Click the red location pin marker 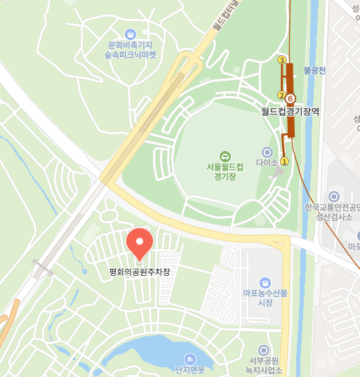(x=140, y=244)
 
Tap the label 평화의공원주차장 (x=140, y=271)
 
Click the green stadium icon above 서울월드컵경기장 (x=225, y=156)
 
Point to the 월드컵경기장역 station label (x=290, y=111)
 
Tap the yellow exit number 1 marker (x=284, y=161)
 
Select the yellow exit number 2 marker (x=281, y=95)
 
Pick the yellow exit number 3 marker (x=282, y=60)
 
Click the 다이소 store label (x=267, y=162)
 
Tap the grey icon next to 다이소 (x=267, y=152)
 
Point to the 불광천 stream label (x=314, y=70)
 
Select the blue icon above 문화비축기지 (x=130, y=34)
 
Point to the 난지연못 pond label (x=189, y=370)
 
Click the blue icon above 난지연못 (x=189, y=359)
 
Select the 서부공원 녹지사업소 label (x=265, y=365)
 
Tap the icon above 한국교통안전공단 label (x=333, y=196)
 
